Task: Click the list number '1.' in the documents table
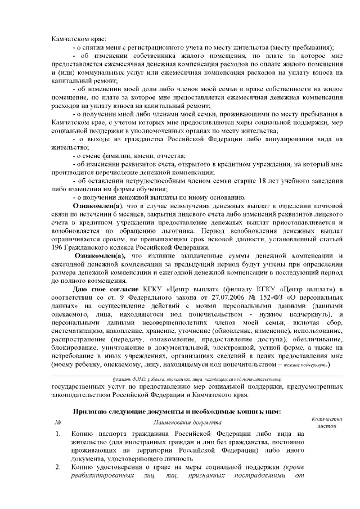tap(58, 434)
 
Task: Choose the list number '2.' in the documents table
tap(58, 468)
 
